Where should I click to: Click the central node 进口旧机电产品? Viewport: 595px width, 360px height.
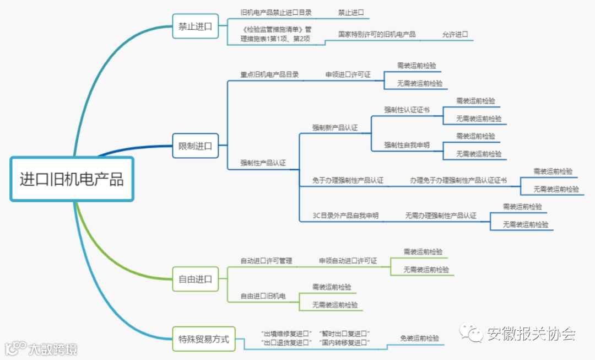72,179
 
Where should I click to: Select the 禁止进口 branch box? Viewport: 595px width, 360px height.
195,26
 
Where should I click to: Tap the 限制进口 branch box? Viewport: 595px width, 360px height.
195,146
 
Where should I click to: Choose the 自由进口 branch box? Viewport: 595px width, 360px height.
195,279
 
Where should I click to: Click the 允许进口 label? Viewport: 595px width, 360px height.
455,34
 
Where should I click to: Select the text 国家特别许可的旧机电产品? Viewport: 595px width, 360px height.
377,34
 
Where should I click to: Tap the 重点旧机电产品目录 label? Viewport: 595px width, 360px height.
269,74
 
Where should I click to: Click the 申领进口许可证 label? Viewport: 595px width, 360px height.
348,74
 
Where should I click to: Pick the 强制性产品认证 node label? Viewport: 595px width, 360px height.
263,163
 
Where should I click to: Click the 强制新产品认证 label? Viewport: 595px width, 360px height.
335,127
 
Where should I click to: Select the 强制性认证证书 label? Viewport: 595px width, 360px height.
407,110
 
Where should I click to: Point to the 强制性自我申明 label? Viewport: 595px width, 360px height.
407,145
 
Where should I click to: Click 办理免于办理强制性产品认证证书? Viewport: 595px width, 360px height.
458,180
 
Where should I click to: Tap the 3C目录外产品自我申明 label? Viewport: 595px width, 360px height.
345,216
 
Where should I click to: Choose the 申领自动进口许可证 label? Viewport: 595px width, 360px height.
348,261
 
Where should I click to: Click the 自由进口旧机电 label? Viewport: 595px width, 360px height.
263,296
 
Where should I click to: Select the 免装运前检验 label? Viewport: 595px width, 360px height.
420,338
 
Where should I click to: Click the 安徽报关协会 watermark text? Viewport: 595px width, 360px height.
531,334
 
